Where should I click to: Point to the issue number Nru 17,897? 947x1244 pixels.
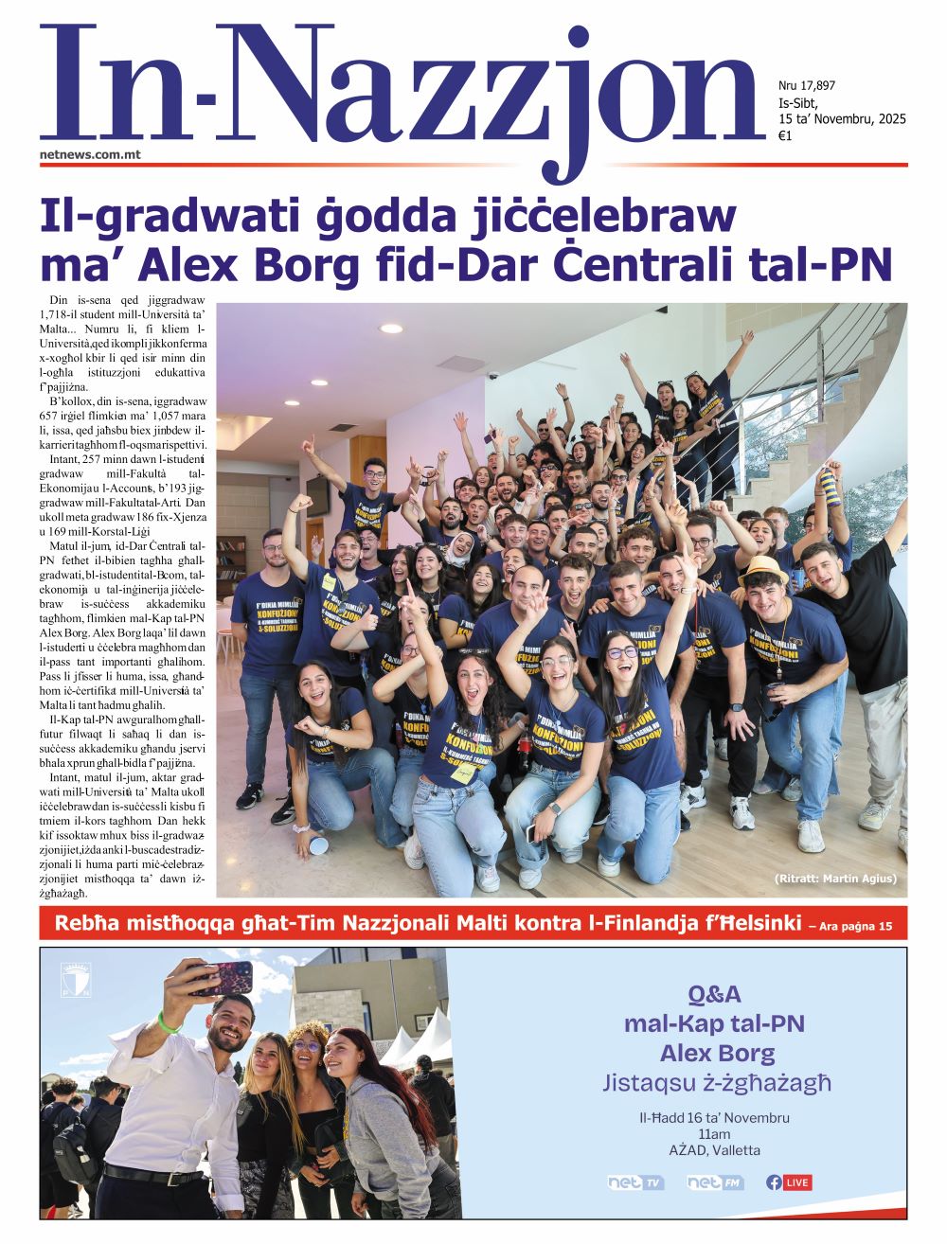click(x=806, y=86)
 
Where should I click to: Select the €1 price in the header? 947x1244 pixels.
click(x=784, y=135)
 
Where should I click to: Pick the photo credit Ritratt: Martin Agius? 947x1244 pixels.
click(x=835, y=879)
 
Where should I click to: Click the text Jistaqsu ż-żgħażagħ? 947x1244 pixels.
click(x=717, y=1082)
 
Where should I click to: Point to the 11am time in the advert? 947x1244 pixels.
click(x=714, y=1134)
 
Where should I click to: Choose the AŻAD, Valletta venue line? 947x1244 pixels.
click(x=714, y=1150)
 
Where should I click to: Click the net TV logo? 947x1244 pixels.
click(x=635, y=1182)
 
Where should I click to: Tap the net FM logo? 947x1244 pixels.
click(x=715, y=1182)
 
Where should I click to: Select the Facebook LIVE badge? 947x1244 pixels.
click(x=789, y=1182)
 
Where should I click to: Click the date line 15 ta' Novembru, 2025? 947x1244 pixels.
click(x=842, y=119)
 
